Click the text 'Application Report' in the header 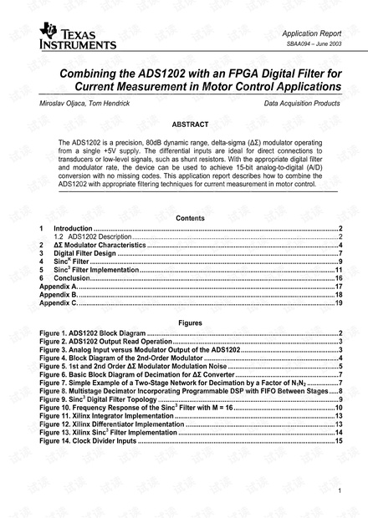coord(311,33)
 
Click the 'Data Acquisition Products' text coord(302,104)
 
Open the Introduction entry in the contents coord(74,229)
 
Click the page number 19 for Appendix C coord(339,303)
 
